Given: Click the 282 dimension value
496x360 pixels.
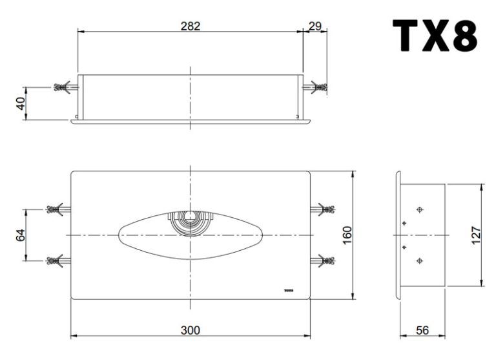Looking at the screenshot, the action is pyautogui.click(x=191, y=26).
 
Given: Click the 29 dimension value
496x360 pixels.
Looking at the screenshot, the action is pyautogui.click(x=315, y=26).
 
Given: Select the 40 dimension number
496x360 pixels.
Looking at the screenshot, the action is pyautogui.click(x=21, y=103).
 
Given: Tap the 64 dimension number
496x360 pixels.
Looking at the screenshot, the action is pyautogui.click(x=21, y=235).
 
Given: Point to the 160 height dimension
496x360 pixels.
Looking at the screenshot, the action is pyautogui.click(x=347, y=235).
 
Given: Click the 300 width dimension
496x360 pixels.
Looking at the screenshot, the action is pyautogui.click(x=191, y=330).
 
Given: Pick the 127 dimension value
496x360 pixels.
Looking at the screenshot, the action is pyautogui.click(x=476, y=235).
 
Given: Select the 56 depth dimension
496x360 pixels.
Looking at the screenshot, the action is pyautogui.click(x=422, y=330).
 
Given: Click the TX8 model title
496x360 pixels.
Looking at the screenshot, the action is pyautogui.click(x=435, y=35).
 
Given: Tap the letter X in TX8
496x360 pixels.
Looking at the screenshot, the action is pyautogui.click(x=435, y=35).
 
